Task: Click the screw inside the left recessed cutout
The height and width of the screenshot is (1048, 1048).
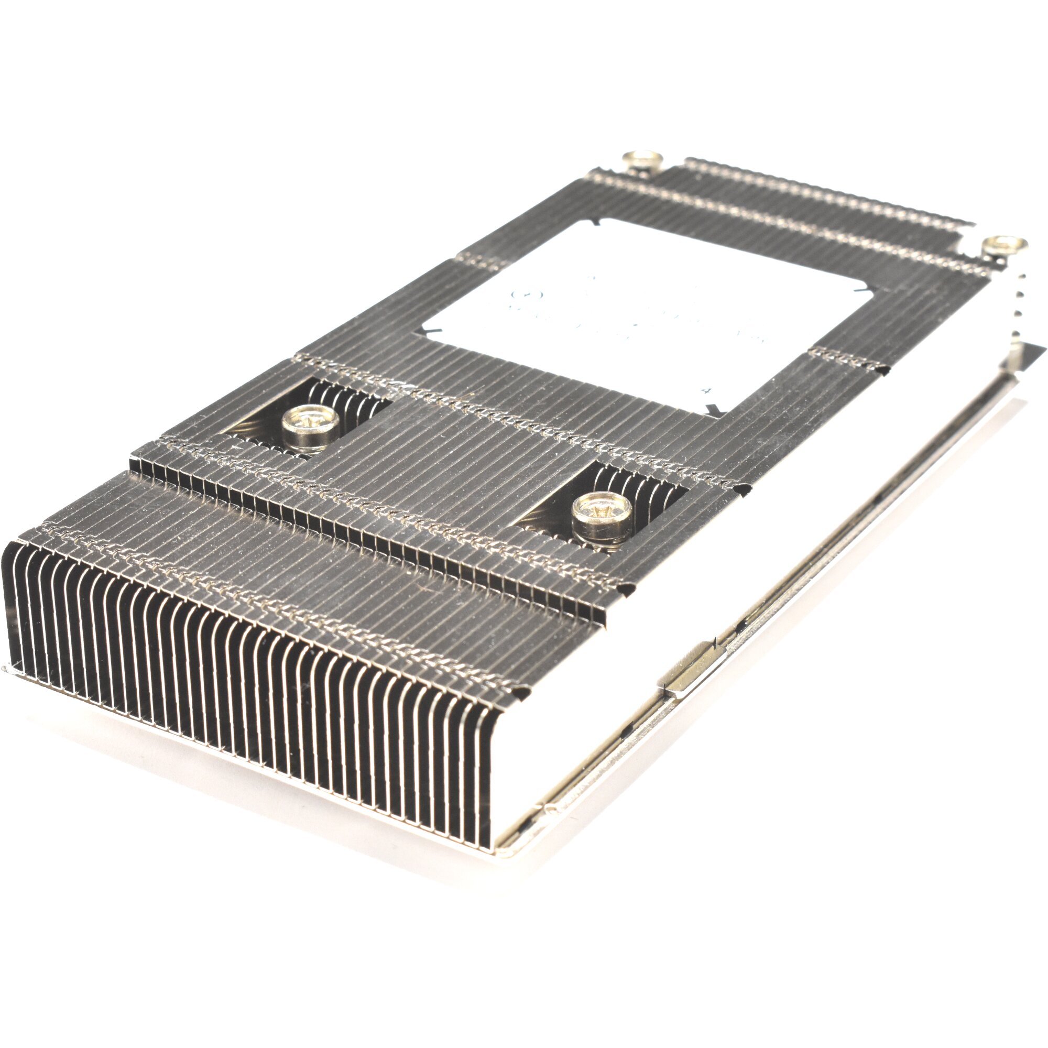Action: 311,421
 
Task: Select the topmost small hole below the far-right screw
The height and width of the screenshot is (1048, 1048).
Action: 1020,281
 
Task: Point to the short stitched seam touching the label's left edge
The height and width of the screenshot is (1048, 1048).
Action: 477,261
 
